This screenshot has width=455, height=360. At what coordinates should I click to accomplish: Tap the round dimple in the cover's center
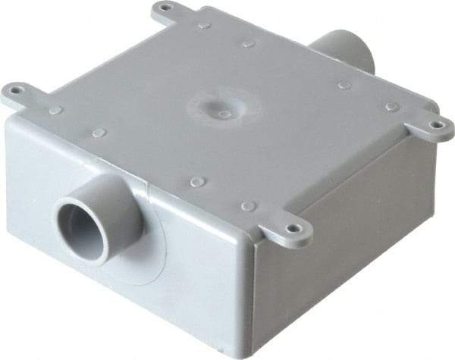coord(224,114)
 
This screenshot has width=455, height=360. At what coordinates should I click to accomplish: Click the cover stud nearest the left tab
coord(55,111)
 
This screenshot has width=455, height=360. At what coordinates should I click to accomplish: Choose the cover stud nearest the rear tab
coord(204,25)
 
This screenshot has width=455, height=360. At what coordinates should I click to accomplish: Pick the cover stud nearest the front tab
coord(247,205)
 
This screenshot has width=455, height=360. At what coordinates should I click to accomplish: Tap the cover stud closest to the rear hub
coord(344,86)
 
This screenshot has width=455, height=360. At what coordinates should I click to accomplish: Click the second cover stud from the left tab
coord(99,133)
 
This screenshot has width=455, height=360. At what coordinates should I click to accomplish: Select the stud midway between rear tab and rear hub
coord(248,44)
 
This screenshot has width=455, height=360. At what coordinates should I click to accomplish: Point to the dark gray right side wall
coord(349,243)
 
